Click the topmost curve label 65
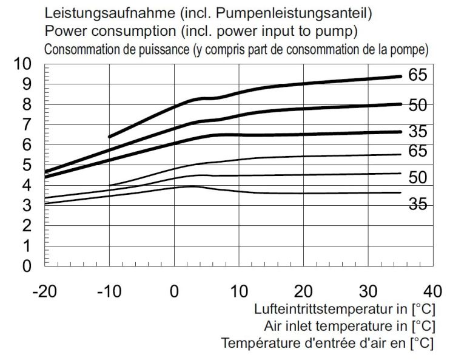(417, 75)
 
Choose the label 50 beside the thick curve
(417, 106)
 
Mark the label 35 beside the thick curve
(417, 132)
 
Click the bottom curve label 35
(417, 205)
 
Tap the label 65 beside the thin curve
(417, 151)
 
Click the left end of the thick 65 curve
(109, 137)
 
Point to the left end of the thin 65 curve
(109, 185)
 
